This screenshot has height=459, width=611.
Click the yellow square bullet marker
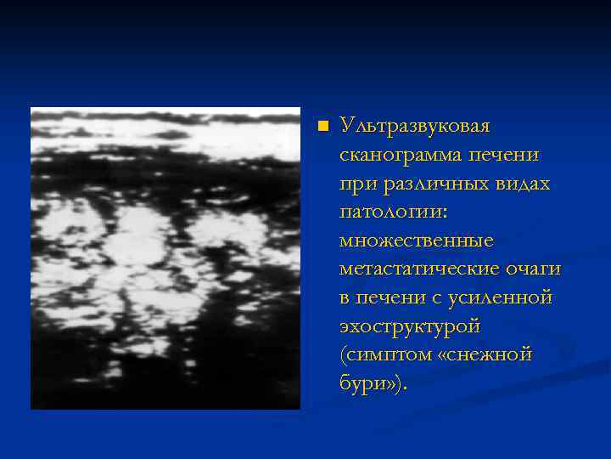pyautogui.click(x=322, y=127)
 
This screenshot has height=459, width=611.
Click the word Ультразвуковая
pyautogui.click(x=414, y=127)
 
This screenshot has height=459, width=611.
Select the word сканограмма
pyautogui.click(x=393, y=156)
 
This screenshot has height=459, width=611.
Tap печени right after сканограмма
pyautogui.click(x=496, y=156)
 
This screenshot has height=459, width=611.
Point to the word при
pyautogui.click(x=355, y=184)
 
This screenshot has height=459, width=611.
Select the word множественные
pyautogui.click(x=416, y=241)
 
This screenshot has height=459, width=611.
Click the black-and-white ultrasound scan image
pyautogui.click(x=165, y=258)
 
